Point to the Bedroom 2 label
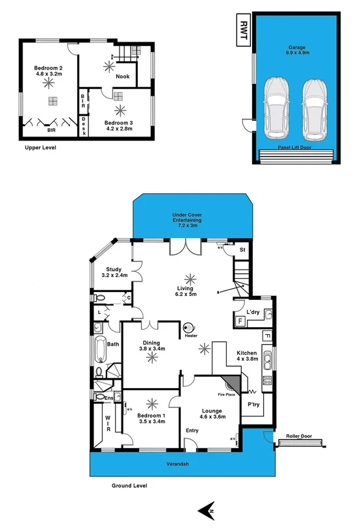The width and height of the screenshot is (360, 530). tap(48, 70)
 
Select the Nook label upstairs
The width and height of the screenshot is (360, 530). tap(122, 77)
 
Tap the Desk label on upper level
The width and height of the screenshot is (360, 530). tap(84, 126)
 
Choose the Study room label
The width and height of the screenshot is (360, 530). tap(114, 272)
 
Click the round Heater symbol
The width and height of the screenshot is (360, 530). tap(190, 328)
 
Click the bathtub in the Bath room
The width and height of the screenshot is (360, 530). tap(100, 351)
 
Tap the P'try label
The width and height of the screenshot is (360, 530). tap(253, 404)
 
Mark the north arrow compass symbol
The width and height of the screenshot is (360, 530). tap(209, 511)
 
